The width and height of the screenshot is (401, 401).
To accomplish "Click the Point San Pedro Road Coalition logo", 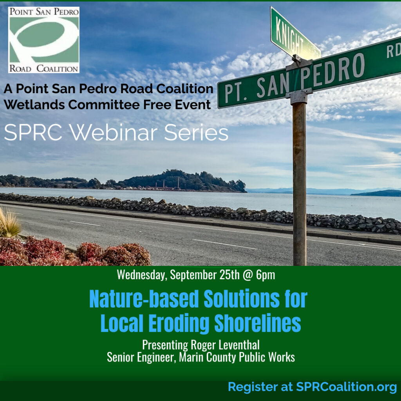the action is click(x=44, y=40).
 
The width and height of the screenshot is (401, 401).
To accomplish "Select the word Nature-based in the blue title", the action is click(x=144, y=299).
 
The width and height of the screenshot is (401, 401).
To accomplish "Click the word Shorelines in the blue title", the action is click(x=258, y=323).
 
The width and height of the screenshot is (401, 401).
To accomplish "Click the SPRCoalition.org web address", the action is click(x=347, y=387).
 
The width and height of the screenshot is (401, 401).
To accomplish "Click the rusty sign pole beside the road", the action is click(x=299, y=182).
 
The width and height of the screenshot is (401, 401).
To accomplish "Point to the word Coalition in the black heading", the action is click(x=185, y=89).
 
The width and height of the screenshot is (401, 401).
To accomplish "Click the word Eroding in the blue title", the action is click(x=179, y=323).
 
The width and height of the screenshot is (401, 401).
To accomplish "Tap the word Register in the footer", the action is click(x=253, y=387).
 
